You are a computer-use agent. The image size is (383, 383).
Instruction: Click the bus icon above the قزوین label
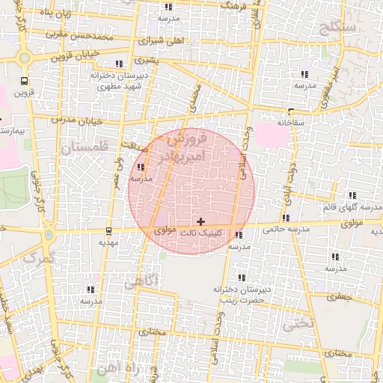pyautogui.click(x=25, y=81)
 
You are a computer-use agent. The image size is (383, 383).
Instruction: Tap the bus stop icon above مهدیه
pyautogui.click(x=109, y=230)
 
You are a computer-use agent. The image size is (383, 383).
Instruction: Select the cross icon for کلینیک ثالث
pyautogui.click(x=200, y=221)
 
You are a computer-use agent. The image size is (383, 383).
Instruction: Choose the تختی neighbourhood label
pyautogui.click(x=292, y=325)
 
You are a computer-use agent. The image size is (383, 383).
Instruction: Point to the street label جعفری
pyautogui.click(x=341, y=297)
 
